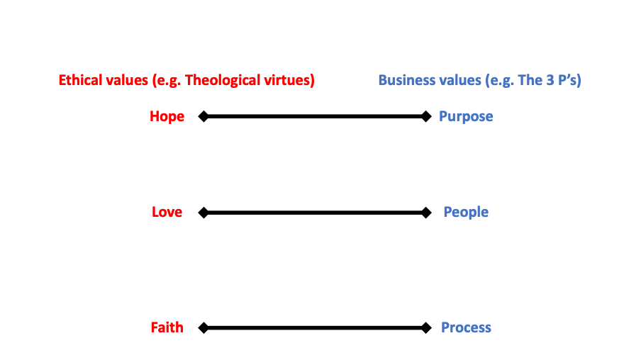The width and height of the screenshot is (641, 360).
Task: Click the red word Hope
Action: click(167, 116)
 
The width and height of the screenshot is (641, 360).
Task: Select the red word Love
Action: click(167, 212)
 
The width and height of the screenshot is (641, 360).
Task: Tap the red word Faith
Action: click(167, 327)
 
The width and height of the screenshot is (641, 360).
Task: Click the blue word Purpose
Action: click(466, 116)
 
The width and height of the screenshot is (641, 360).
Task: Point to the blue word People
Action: click(466, 212)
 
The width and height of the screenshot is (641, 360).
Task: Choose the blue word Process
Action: click(466, 327)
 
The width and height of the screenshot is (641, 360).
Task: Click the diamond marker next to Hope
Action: click(203, 116)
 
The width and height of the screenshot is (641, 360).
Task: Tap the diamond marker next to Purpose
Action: click(425, 116)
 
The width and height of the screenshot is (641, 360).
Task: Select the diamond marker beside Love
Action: click(203, 212)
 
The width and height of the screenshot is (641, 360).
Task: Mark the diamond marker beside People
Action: click(425, 212)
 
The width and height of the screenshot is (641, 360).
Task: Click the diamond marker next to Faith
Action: click(203, 327)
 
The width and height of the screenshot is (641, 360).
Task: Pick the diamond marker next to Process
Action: click(425, 327)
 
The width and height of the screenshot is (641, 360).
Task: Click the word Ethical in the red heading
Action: click(79, 80)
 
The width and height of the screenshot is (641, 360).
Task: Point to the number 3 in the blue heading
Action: click(547, 80)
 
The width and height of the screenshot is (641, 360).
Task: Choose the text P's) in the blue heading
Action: click(568, 80)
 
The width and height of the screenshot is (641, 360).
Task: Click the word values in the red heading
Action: click(126, 80)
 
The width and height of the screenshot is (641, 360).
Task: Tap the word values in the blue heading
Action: click(457, 80)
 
